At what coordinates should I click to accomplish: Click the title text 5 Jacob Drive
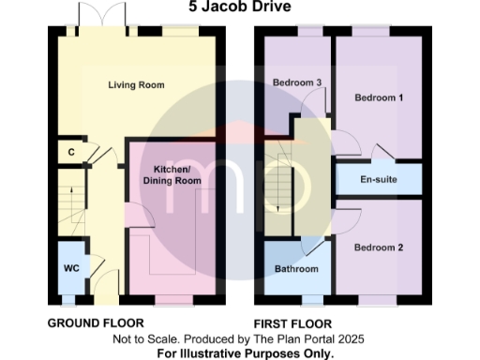point(239,7)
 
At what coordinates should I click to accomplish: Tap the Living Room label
point(137,85)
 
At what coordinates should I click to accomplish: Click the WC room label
point(70,267)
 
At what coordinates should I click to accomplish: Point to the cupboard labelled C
point(71,151)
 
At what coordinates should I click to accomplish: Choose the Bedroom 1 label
point(379,97)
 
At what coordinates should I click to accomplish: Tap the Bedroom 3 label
point(297,82)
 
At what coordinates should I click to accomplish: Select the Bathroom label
point(295,269)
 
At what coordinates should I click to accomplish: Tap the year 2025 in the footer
point(350,338)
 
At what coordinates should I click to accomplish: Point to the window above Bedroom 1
point(372,33)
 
